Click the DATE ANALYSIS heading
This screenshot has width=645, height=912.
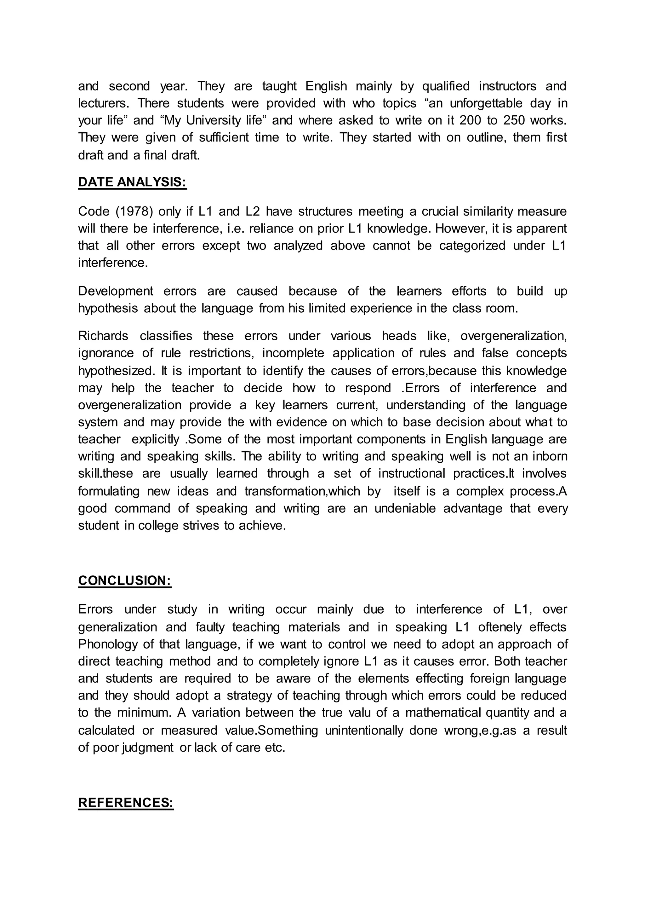coord(132,182)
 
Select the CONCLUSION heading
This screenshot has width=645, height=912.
coord(125,580)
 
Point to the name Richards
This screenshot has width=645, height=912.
coord(103,336)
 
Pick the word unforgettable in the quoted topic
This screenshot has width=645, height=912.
coord(486,103)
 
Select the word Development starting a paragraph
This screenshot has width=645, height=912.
coord(116,291)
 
